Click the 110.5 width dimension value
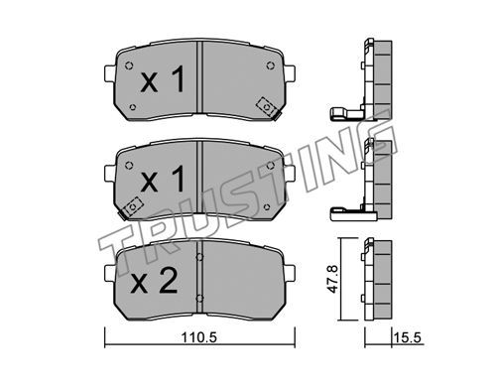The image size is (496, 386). [198, 338]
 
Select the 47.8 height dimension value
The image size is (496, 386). [333, 279]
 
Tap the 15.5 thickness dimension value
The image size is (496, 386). [407, 338]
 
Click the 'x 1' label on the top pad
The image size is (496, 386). [163, 79]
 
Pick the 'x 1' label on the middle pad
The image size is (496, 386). [163, 179]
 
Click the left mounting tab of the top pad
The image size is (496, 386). [109, 73]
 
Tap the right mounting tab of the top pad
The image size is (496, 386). [290, 73]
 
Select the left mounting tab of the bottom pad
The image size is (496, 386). [109, 273]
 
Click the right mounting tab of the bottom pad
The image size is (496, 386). [290, 273]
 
